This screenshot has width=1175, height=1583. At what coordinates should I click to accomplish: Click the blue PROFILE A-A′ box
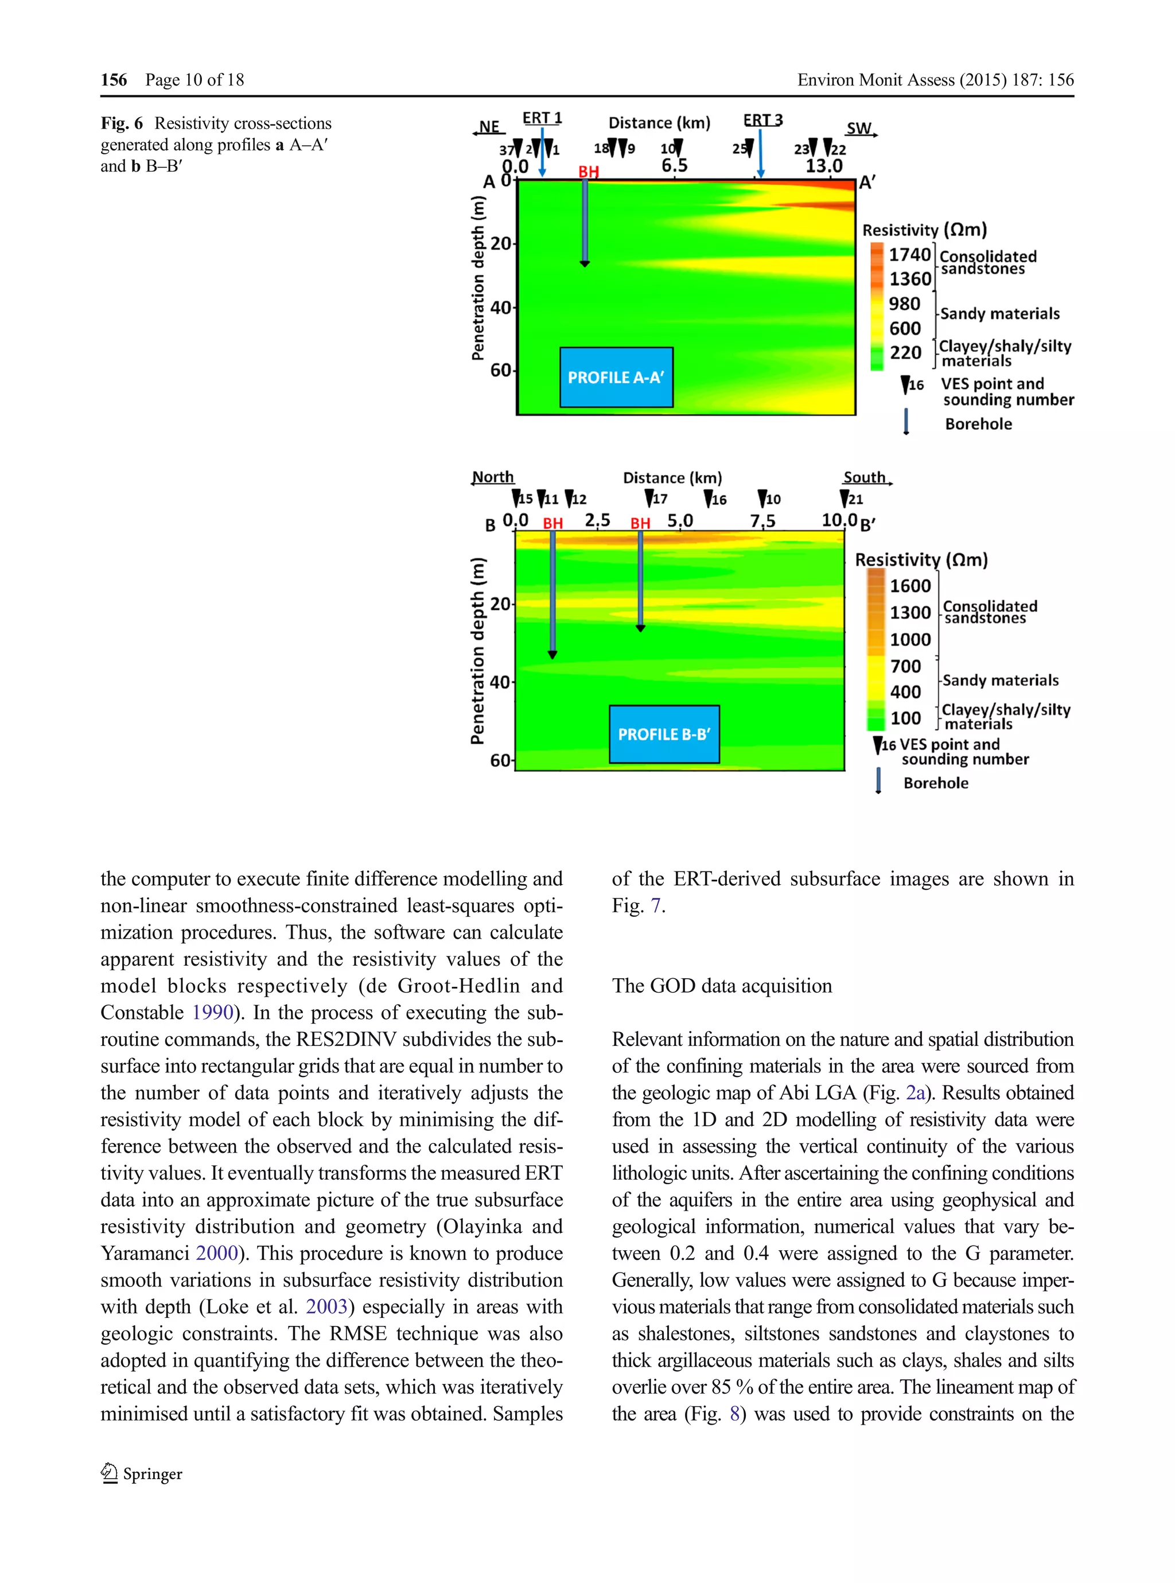[x=616, y=377]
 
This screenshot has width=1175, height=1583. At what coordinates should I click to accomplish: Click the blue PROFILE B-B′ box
[x=664, y=734]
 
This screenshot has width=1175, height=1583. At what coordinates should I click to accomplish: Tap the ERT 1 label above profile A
[x=542, y=118]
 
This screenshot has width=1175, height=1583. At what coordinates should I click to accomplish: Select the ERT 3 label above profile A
[x=762, y=120]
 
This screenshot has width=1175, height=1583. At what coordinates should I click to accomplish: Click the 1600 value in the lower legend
[x=910, y=586]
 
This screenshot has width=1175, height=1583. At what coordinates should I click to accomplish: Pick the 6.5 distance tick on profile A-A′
[x=674, y=166]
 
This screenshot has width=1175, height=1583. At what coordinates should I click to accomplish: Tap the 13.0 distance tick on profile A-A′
[x=824, y=166]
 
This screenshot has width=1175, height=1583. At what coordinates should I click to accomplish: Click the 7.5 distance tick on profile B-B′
[x=762, y=522]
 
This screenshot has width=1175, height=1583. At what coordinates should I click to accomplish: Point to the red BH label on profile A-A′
[x=588, y=172]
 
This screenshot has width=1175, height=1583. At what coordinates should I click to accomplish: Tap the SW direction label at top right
[x=859, y=129]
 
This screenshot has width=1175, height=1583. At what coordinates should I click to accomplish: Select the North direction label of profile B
[x=493, y=477]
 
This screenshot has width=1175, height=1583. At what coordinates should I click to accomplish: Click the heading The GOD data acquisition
[x=721, y=986]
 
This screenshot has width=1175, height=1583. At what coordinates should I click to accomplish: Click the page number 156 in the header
[x=114, y=80]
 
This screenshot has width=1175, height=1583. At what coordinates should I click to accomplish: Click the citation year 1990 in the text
[x=213, y=1013]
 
